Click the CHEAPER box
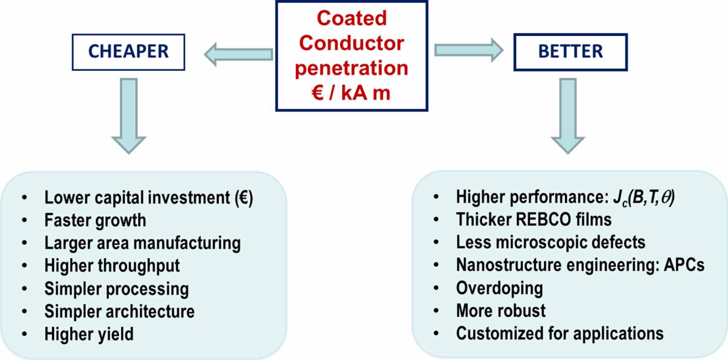(128, 52)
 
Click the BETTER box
(570, 52)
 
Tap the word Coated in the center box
(351, 19)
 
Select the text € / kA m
(351, 93)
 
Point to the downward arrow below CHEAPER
(129, 116)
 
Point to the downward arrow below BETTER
(567, 116)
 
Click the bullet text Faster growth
(95, 221)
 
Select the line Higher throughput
(112, 266)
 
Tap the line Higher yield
(89, 335)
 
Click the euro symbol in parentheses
(244, 198)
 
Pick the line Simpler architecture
(119, 312)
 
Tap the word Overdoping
(499, 288)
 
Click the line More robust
(500, 311)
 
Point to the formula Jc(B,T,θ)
(643, 198)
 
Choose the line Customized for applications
(560, 334)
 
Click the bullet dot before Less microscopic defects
(436, 243)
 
